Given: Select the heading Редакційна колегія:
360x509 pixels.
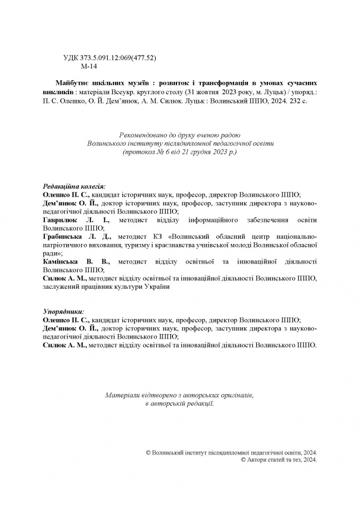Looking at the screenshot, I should (75, 186).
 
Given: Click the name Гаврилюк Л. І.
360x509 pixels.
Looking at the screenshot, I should (74, 220).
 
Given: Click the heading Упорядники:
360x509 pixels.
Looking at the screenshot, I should (63, 311).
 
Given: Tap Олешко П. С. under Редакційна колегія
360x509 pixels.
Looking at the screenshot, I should (67, 195).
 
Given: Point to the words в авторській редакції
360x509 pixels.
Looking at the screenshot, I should (179, 404).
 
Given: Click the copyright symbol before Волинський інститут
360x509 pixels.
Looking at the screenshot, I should (149, 451).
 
